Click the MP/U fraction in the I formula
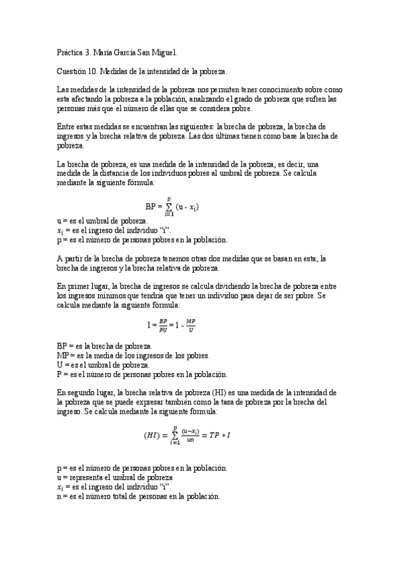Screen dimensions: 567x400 [191, 326]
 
